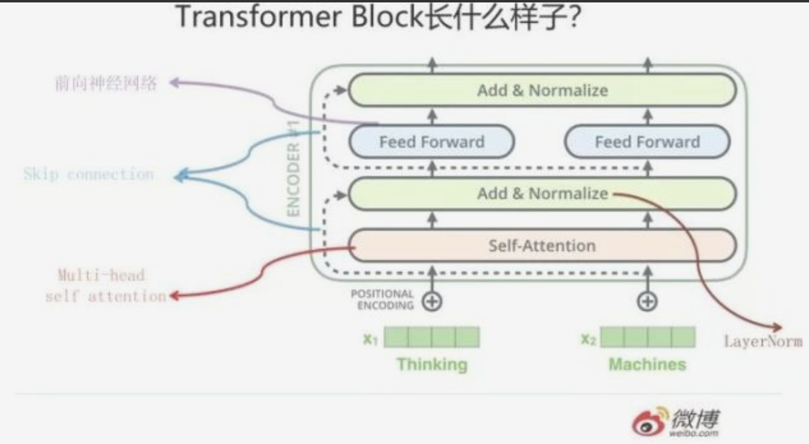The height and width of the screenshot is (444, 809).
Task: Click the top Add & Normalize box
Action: pos(541,91)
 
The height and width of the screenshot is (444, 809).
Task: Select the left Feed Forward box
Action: pos(431,142)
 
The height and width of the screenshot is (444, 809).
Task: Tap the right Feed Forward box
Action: pos(647,142)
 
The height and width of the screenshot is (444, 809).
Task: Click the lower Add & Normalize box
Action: pos(541,194)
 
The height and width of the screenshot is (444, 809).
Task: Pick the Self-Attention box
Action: pos(541,246)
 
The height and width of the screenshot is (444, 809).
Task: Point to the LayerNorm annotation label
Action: pos(763,341)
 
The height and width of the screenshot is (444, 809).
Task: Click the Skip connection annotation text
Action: pos(89,175)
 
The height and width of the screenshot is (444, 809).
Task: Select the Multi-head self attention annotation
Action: pos(105,286)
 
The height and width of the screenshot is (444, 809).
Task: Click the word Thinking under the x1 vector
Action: pos(432,364)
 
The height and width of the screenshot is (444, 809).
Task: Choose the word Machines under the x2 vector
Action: pos(647,364)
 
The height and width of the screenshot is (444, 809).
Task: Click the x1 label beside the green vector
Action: pos(370,339)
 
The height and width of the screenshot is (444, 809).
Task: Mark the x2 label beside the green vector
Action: pos(588,339)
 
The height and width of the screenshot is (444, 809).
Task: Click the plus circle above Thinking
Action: pos(432,301)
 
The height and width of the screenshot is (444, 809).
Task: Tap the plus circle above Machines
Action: pos(647,301)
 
